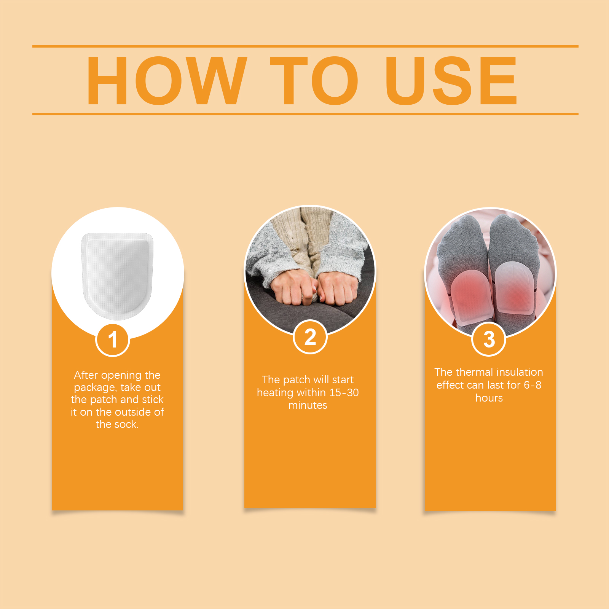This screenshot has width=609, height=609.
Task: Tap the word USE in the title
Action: point(451,80)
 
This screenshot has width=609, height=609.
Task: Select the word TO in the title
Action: point(314,80)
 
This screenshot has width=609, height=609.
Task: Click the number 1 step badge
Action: point(113,340)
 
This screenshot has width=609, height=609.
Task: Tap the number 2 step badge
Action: point(310,337)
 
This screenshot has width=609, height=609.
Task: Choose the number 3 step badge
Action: point(489,339)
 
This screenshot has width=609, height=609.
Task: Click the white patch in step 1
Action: point(118,276)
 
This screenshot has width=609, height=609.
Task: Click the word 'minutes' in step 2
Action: point(308,405)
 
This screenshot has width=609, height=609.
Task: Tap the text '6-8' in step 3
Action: point(533,385)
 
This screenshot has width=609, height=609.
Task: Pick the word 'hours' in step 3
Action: point(489,398)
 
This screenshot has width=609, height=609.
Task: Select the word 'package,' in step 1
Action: point(95,388)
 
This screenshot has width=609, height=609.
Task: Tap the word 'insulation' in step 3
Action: point(520,372)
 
